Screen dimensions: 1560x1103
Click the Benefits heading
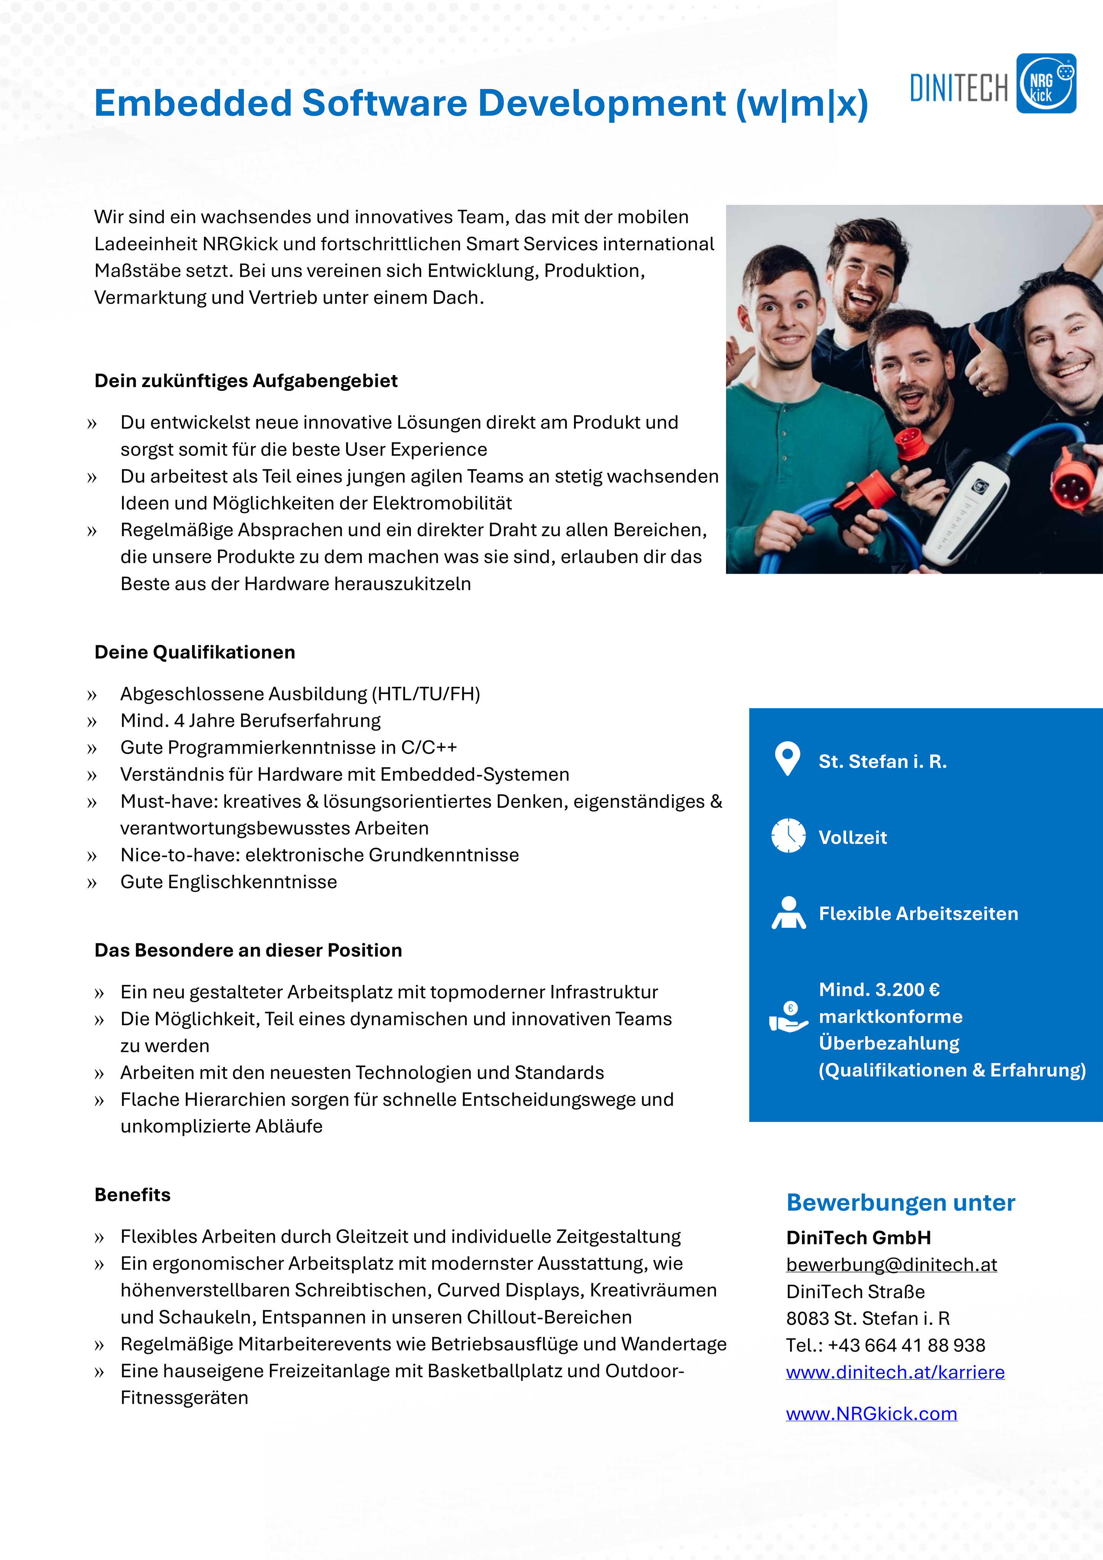click(x=133, y=1194)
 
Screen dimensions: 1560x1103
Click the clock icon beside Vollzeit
click(x=788, y=836)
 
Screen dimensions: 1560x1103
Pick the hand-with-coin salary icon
click(x=788, y=1017)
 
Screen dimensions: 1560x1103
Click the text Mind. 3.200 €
click(x=879, y=989)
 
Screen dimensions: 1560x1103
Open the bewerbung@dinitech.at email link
click(x=891, y=1265)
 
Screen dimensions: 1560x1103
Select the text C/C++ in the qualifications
click(x=429, y=747)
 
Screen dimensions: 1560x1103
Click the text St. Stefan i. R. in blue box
click(x=882, y=761)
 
